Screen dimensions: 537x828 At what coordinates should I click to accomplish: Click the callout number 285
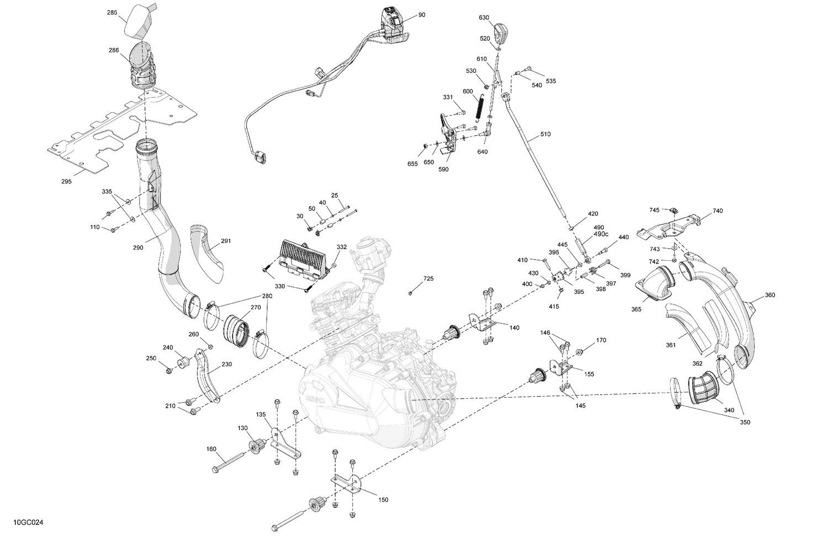coord(112,12)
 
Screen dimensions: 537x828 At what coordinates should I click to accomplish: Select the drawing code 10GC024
coord(26,522)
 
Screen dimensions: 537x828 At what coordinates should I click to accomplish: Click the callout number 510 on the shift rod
coord(545,134)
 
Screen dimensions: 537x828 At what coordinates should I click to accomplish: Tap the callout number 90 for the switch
coord(422,15)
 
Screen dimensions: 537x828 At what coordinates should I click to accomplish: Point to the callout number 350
coord(745,422)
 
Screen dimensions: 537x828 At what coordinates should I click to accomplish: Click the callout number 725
coord(428,279)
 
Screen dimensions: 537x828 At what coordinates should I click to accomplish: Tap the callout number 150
coord(383,499)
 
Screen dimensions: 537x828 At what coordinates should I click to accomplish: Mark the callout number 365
coord(636,309)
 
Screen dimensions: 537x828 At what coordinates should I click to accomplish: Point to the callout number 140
coord(514,328)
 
